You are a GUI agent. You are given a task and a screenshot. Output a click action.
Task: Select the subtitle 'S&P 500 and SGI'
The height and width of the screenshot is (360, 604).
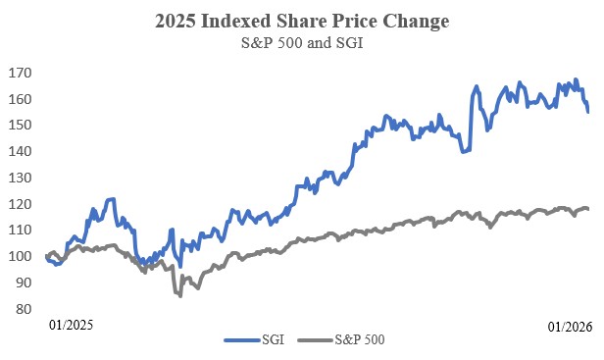pos(302,44)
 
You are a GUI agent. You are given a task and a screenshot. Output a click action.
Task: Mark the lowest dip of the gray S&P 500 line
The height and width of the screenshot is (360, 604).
pos(179,295)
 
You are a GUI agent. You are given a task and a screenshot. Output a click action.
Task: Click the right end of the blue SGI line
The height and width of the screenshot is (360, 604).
pos(588,112)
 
